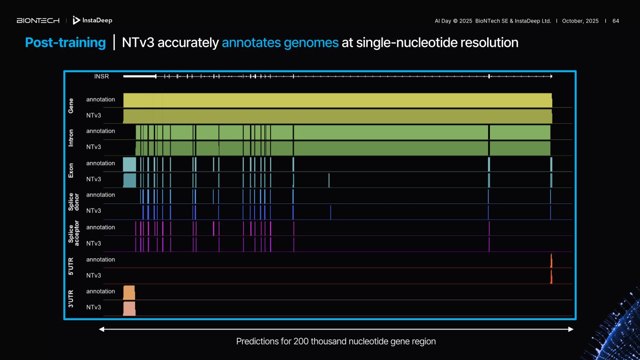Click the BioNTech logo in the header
pos(38,21)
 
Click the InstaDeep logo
pos(92,20)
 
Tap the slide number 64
pos(616,21)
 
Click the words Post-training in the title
pos(65,43)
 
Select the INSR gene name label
pos(101,76)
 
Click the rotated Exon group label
pos(71,171)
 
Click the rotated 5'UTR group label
pos(71,267)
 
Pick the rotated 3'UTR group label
pos(71,299)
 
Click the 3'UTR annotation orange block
pos(129,292)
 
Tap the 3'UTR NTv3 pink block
pos(129,308)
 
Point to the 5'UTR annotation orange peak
pos(551,261)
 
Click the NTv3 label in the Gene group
pos(94,115)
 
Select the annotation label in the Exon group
pos(100,163)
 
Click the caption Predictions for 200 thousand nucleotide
pos(336,341)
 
